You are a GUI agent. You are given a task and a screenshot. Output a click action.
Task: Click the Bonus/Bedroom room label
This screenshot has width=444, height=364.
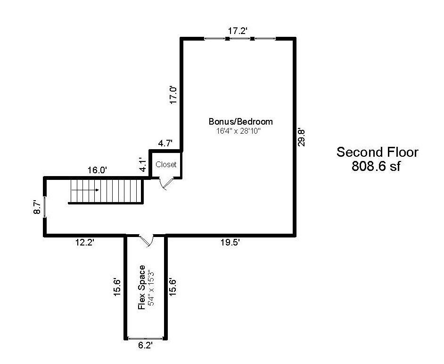tap(241, 121)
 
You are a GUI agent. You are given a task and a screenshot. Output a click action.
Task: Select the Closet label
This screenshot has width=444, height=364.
tap(166, 165)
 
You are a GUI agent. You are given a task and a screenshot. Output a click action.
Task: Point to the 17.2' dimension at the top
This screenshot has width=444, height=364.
tap(238, 31)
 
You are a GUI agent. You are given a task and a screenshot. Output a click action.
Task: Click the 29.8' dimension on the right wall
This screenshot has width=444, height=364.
tap(301, 136)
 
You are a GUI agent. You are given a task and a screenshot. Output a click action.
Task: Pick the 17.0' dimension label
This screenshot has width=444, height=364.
tap(173, 95)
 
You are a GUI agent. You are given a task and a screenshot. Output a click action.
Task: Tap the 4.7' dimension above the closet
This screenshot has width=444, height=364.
tap(165, 143)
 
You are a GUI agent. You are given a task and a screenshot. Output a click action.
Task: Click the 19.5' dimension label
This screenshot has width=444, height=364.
tap(230, 242)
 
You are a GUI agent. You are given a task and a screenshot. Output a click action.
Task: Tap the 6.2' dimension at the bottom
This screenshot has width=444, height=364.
tap(145, 346)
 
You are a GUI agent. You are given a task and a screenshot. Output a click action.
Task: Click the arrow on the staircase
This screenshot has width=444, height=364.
tap(85, 190)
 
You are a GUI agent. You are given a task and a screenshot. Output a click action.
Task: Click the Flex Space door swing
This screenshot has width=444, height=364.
tap(147, 240)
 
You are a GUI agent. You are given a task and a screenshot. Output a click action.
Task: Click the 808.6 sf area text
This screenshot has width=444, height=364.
tap(376, 167)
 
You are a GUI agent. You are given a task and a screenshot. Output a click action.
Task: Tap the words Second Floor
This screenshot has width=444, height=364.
tap(377, 152)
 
